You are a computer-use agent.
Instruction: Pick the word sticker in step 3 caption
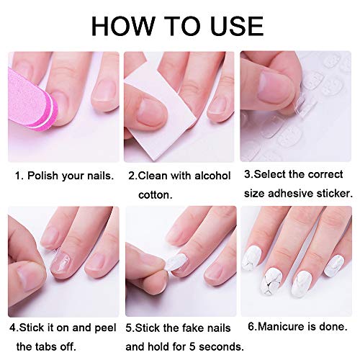(x=333, y=194)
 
